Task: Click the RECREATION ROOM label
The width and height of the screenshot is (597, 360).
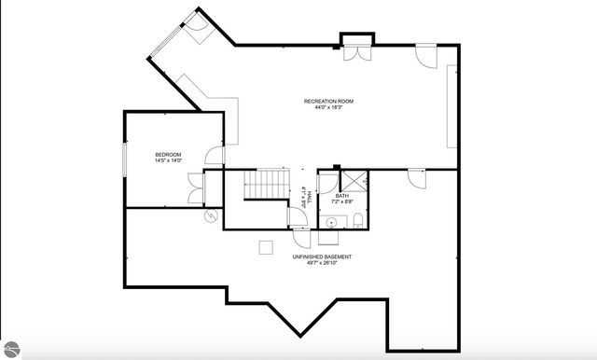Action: [328, 101]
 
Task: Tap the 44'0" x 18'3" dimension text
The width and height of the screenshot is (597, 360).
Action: [328, 108]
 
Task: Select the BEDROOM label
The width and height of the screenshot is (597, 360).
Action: [168, 154]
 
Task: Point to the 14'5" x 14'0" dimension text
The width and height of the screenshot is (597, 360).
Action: [168, 161]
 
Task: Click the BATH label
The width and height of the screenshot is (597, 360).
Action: [341, 196]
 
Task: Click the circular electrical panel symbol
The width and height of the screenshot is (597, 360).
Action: [211, 215]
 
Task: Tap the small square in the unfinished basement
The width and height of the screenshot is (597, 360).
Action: [266, 245]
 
